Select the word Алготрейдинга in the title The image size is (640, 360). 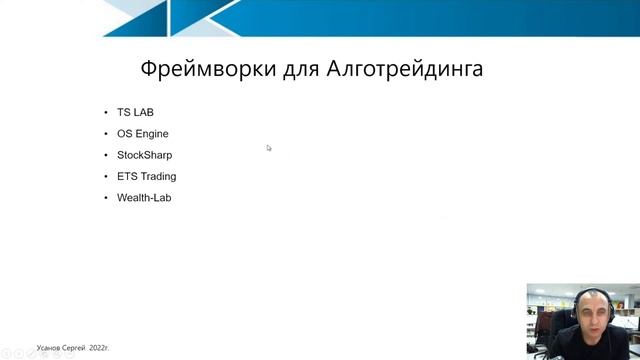(x=405, y=69)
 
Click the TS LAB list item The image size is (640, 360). (x=135, y=112)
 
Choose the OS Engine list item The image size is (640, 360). (x=142, y=133)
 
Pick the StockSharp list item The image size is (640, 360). (x=144, y=155)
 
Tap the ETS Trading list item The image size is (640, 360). (x=146, y=176)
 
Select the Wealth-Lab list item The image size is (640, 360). (x=144, y=198)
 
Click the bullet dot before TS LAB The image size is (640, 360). (x=106, y=112)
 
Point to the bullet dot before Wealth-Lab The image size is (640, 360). (x=106, y=198)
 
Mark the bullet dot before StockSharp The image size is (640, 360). (x=106, y=155)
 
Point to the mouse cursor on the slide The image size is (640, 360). (x=269, y=148)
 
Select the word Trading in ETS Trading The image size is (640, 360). (x=158, y=176)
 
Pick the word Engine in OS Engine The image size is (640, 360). (x=152, y=133)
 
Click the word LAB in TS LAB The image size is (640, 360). (x=143, y=112)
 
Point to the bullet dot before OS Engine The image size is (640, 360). (x=106, y=133)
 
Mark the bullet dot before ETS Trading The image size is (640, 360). (x=106, y=176)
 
